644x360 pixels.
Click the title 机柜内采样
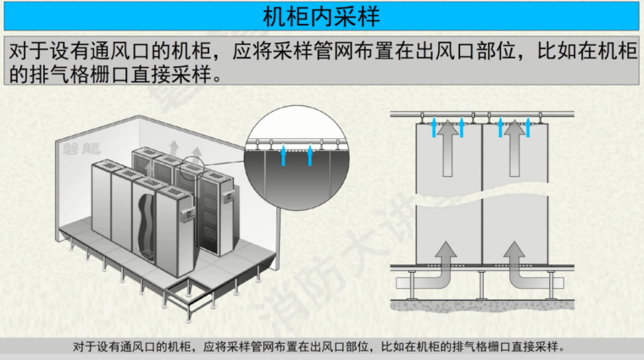(321, 16)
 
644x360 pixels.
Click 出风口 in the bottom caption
(328, 346)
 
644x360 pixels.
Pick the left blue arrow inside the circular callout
(282, 154)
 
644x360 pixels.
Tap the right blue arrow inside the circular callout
(311, 154)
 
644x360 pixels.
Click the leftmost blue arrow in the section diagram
(435, 127)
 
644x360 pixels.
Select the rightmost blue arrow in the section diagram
(534, 127)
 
